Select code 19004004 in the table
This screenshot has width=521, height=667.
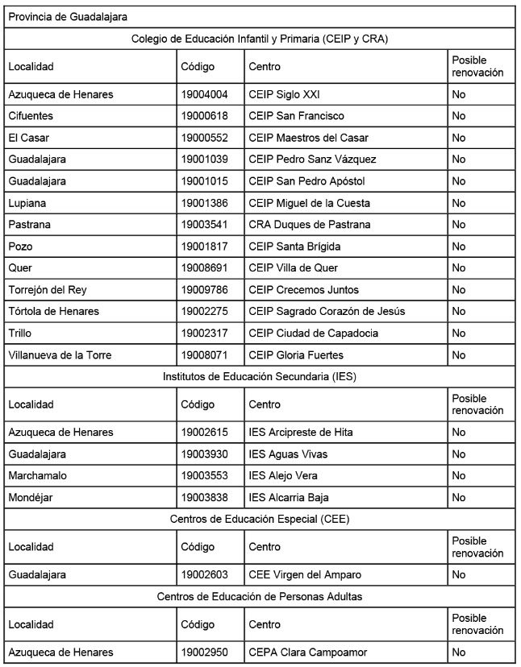(x=205, y=94)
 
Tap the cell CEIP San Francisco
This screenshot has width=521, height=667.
(x=296, y=116)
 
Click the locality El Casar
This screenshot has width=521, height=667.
(x=27, y=138)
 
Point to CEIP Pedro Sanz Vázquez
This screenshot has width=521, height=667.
(x=312, y=159)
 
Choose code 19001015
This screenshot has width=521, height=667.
(x=205, y=181)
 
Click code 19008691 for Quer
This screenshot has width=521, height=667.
(x=205, y=268)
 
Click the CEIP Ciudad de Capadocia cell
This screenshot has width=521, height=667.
(x=313, y=333)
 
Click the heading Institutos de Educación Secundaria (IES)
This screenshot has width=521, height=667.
(x=260, y=376)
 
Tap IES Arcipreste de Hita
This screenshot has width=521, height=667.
(x=301, y=433)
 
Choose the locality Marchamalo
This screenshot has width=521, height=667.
(x=37, y=476)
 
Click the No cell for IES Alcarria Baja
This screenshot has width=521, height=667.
(x=459, y=498)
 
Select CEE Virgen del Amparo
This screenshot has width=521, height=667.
(x=305, y=575)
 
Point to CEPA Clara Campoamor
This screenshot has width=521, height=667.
(x=310, y=652)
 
